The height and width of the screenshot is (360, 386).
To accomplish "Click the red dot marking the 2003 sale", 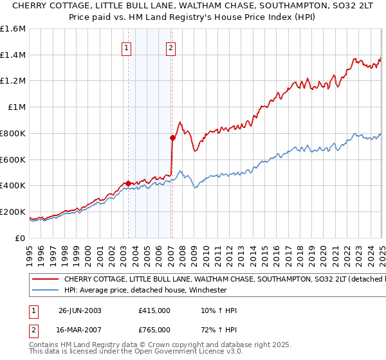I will point(128,183).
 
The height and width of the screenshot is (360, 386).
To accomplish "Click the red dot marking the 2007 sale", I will point(172,138).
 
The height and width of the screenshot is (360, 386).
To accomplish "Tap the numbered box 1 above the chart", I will point(126,47).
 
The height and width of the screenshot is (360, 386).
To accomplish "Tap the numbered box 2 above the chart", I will point(171,47).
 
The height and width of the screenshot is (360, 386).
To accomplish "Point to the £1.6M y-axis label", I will point(13,29).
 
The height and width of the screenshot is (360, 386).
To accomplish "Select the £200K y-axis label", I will point(13,212).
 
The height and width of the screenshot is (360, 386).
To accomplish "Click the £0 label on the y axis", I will point(21,238).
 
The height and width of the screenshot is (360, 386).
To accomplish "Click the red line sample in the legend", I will point(45,280).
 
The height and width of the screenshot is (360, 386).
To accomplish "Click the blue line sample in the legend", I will point(45,289).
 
